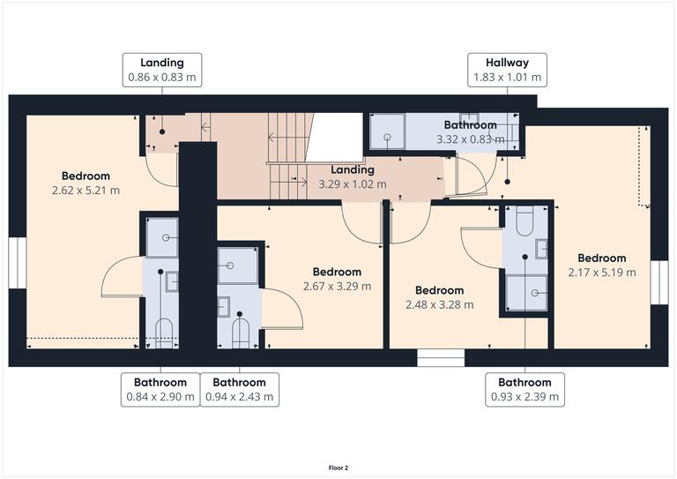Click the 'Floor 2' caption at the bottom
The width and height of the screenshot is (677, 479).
tap(338, 468)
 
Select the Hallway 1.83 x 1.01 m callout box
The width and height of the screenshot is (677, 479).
tap(506, 70)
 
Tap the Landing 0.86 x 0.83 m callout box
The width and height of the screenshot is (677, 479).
tap(162, 70)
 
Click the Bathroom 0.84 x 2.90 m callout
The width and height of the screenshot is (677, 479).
tap(160, 389)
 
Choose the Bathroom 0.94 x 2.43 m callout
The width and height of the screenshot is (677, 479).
tap(240, 389)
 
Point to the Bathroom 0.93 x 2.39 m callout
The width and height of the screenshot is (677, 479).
tap(524, 389)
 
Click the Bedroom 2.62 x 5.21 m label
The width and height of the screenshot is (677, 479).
tap(86, 183)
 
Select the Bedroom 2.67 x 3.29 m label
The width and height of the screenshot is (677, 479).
tap(337, 279)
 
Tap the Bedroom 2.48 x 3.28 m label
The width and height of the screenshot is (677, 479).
tap(439, 297)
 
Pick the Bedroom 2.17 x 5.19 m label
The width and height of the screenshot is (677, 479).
tap(602, 266)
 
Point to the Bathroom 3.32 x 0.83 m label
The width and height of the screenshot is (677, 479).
tap(470, 132)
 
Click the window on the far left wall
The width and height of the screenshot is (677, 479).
tap(14, 263)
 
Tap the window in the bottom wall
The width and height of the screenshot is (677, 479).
tap(440, 357)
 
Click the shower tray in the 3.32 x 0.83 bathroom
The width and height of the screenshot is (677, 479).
tap(385, 132)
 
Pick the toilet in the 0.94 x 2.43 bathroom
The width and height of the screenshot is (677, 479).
tap(240, 332)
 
